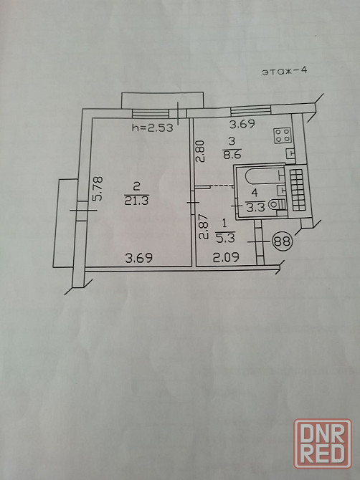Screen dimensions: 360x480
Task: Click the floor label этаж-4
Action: pos(284,72)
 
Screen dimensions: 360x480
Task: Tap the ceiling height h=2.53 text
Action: pos(152,128)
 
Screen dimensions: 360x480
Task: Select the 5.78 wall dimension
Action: pos(98,188)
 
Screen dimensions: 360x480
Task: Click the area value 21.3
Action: pos(137,201)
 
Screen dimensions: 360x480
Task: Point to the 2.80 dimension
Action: pos(200,150)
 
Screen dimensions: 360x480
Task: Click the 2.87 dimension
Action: pos(203,226)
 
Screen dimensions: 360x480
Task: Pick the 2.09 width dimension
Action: pos(226,258)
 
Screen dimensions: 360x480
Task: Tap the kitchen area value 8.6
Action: pos(232,154)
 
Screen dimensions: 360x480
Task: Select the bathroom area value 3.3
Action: pos(255,208)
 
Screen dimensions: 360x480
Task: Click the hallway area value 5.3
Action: pos(225,238)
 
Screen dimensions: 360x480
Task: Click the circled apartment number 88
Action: pos(282,241)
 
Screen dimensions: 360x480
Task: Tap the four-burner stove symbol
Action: pos(283,135)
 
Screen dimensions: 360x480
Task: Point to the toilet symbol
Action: pos(278,204)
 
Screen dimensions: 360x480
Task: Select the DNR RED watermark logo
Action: pos(323,444)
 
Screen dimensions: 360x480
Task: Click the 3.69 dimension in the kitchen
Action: pos(242,124)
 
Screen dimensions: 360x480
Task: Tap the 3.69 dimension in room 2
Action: pos(139,258)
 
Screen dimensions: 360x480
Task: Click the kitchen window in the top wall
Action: pos(250,110)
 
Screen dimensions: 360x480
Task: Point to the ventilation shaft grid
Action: pos(298,190)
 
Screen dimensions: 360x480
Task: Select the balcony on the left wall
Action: pos(66,223)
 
